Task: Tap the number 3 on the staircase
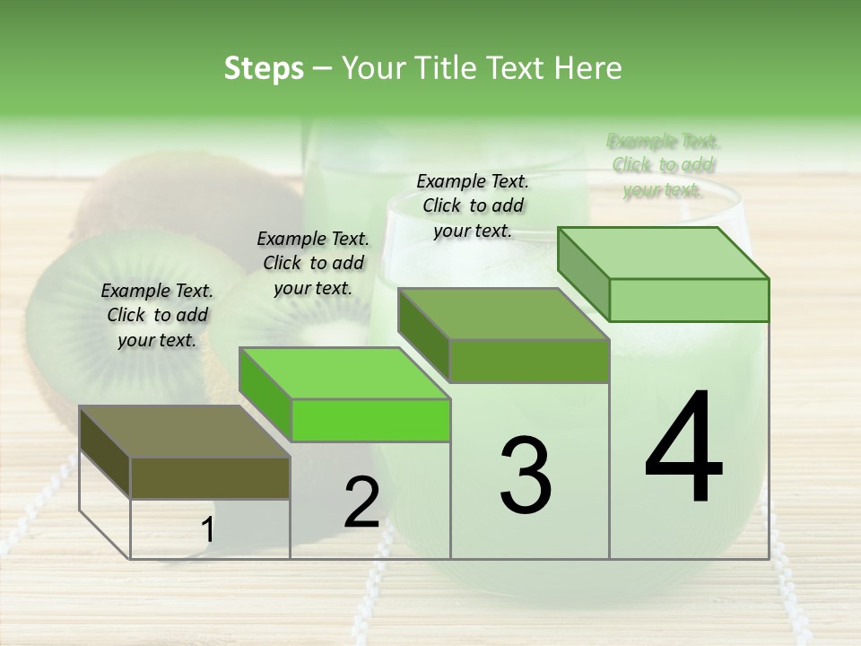[x=526, y=476]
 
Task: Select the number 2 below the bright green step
[x=361, y=502]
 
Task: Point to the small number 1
[x=207, y=530]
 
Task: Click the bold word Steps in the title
[x=264, y=68]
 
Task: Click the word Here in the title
[x=587, y=68]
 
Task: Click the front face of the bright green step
[x=370, y=420]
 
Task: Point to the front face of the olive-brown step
[x=210, y=477]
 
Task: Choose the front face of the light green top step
[x=689, y=300]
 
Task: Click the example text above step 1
[x=157, y=315]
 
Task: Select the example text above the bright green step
[x=313, y=263]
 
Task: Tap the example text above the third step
[x=473, y=205]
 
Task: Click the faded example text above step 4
[x=664, y=165]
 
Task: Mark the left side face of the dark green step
[x=423, y=335]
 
